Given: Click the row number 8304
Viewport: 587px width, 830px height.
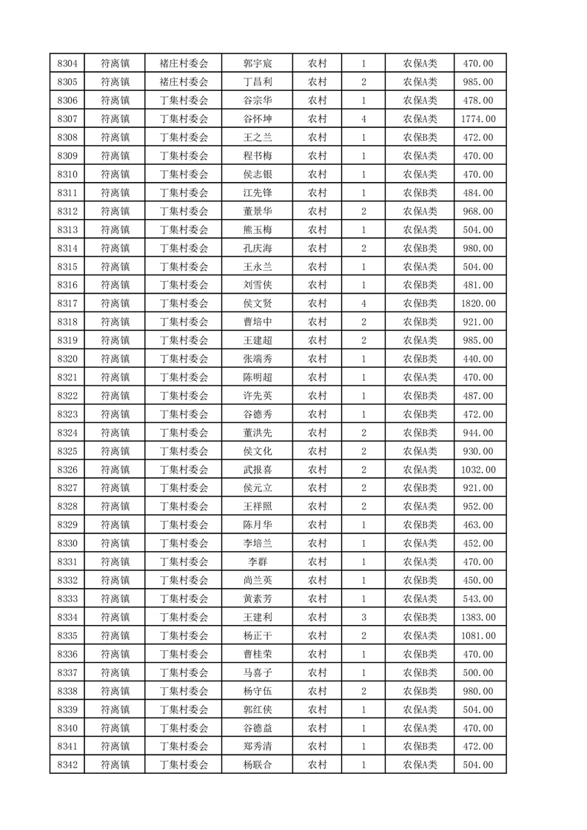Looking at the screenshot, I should point(67,64).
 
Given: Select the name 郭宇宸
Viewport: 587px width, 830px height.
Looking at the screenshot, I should point(257,64).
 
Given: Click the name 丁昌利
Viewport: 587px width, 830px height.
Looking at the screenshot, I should point(257,82).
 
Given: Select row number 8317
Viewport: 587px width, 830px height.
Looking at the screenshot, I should point(67,303).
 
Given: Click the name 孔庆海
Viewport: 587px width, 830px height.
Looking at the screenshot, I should point(257,248).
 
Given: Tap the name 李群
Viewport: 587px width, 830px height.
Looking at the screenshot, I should point(257,561).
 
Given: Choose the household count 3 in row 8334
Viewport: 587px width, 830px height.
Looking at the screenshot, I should point(363,617).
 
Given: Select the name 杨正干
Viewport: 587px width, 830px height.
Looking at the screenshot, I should point(257,635).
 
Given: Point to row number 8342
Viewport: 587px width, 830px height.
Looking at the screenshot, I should point(67,764).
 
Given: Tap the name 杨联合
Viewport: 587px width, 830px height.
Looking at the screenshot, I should point(257,764).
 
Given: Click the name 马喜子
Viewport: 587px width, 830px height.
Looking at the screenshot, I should point(257,672).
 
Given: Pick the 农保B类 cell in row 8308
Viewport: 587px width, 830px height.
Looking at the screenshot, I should point(420,138).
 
